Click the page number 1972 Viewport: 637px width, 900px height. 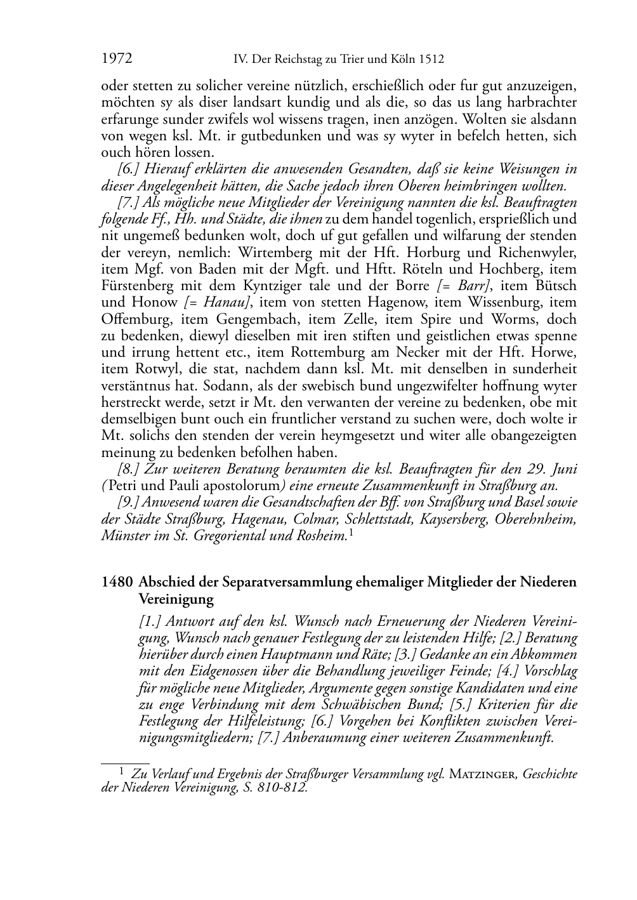click(x=116, y=59)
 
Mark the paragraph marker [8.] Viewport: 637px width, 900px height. click(x=129, y=470)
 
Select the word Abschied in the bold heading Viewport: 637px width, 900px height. click(x=165, y=582)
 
